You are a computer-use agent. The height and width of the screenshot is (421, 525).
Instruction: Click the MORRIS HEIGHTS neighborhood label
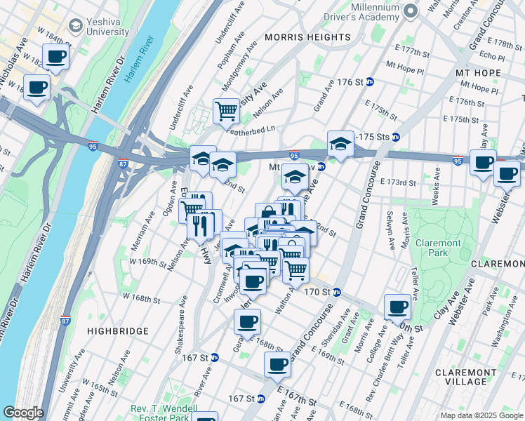click(307, 36)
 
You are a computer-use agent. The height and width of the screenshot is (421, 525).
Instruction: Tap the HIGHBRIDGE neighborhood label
click(118, 330)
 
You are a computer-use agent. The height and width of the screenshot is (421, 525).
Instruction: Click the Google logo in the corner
click(22, 413)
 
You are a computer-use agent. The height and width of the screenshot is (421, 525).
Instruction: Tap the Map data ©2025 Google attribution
click(481, 415)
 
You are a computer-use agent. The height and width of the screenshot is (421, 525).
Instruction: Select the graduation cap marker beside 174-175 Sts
click(340, 144)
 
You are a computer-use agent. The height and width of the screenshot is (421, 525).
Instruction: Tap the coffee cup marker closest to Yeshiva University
click(55, 56)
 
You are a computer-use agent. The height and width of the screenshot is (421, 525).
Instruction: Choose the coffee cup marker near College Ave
click(398, 306)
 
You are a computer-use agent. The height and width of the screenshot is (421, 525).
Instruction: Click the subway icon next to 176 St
click(369, 82)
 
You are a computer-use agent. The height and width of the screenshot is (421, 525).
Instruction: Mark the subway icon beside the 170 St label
click(336, 292)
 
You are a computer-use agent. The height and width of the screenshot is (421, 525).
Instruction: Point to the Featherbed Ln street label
click(251, 129)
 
